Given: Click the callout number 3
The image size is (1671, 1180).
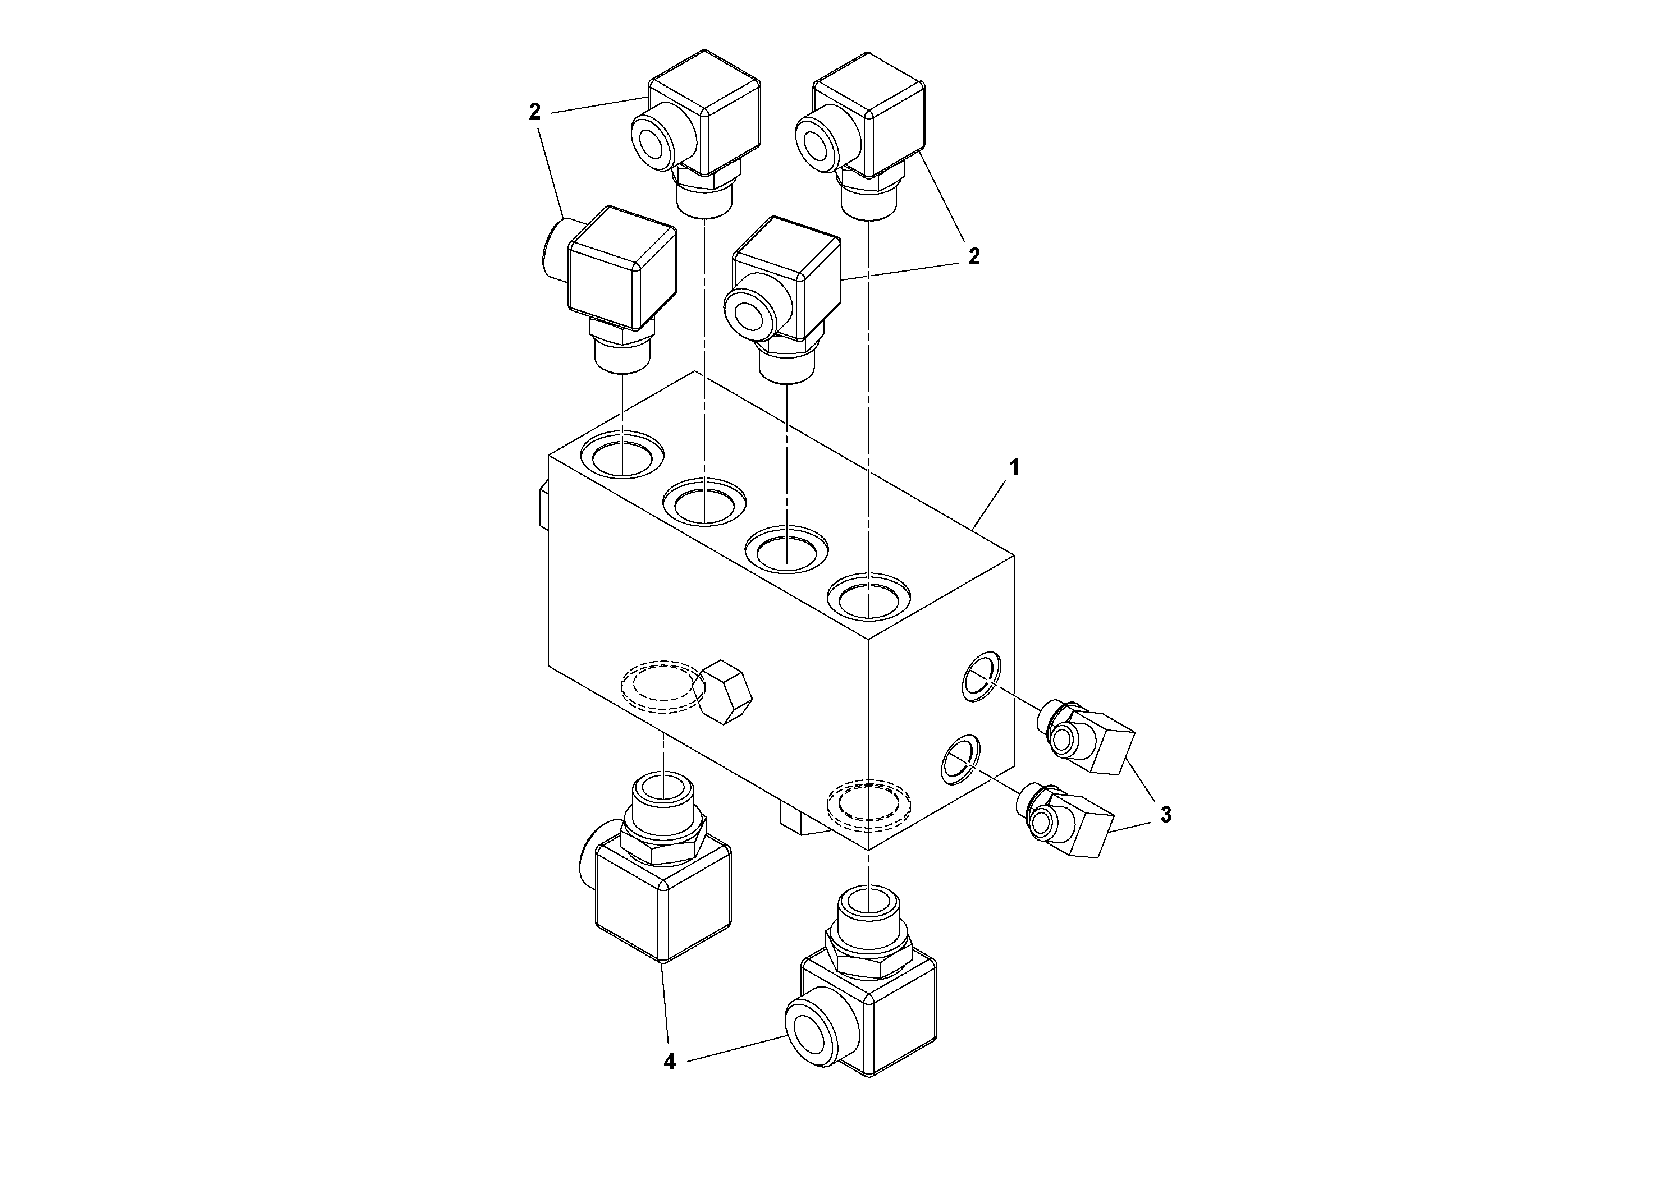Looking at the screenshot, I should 1165,815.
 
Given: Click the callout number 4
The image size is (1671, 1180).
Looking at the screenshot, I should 670,1063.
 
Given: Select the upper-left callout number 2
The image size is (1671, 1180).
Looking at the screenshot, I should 535,112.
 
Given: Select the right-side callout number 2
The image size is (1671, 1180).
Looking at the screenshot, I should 974,257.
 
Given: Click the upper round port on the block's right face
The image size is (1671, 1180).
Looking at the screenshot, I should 981,676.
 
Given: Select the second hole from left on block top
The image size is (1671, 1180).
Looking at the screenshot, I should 704,501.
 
